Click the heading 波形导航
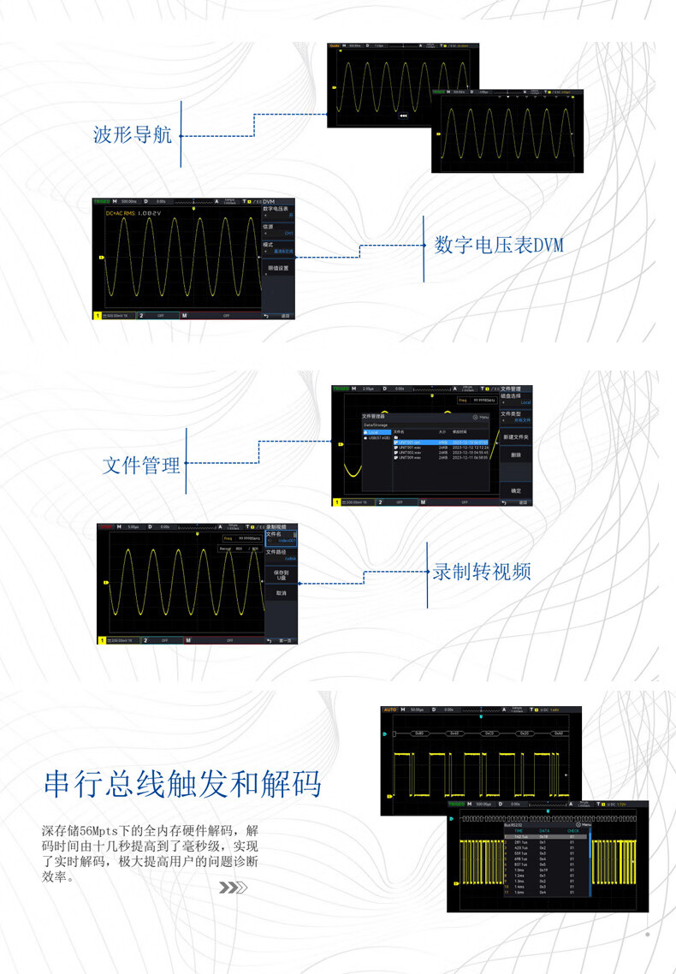(x=133, y=135)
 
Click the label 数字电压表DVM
(x=499, y=246)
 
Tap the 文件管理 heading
(x=142, y=466)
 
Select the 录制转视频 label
(x=482, y=571)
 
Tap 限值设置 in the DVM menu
(x=278, y=268)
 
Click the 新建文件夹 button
(x=516, y=437)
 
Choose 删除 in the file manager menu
(x=516, y=455)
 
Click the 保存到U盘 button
(x=281, y=574)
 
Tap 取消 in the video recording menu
(x=281, y=592)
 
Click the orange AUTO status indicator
(x=390, y=710)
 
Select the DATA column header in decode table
(x=544, y=830)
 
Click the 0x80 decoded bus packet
(x=418, y=733)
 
